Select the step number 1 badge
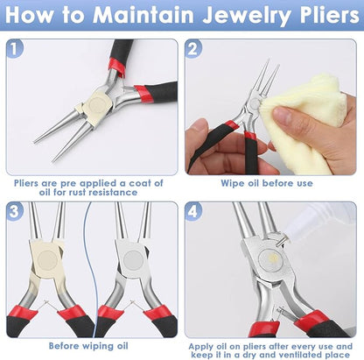point(15,50)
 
